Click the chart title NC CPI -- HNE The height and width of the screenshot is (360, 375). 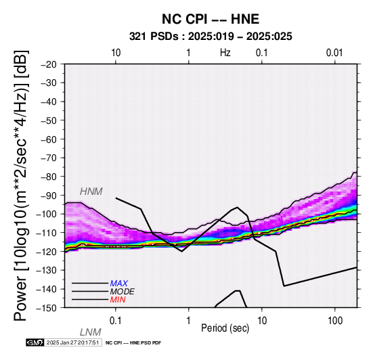pyautogui.click(x=211, y=19)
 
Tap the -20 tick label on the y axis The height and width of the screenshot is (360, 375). pyautogui.click(x=49, y=64)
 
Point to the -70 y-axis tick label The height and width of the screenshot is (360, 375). pyautogui.click(x=49, y=158)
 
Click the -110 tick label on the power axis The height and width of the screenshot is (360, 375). pyautogui.click(x=46, y=233)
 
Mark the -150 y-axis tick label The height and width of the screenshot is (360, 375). pyautogui.click(x=46, y=308)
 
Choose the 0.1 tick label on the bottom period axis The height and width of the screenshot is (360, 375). pyautogui.click(x=116, y=321)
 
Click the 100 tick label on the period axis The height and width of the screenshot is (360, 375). pyautogui.click(x=335, y=321)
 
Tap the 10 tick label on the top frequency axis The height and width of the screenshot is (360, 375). pyautogui.click(x=116, y=53)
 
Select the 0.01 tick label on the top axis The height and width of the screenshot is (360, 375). pyautogui.click(x=334, y=53)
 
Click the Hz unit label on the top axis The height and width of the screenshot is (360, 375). pyautogui.click(x=225, y=53)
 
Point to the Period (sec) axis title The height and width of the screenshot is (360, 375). pyautogui.click(x=225, y=328)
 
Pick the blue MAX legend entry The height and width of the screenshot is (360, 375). pyautogui.click(x=119, y=284)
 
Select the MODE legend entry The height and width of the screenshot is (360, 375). pyautogui.click(x=123, y=292)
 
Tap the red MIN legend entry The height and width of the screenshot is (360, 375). pyautogui.click(x=118, y=300)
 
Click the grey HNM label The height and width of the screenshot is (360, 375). pyautogui.click(x=91, y=192)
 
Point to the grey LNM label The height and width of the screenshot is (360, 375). pyautogui.click(x=91, y=332)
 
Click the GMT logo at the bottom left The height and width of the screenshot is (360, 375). pyautogui.click(x=35, y=342)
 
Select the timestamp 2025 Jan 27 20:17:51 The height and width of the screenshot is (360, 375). pyautogui.click(x=72, y=342)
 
